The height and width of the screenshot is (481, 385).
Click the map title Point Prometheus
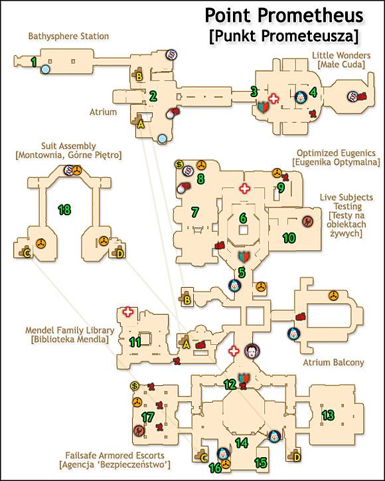284,15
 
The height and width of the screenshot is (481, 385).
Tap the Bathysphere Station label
68,36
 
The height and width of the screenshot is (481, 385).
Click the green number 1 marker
34,62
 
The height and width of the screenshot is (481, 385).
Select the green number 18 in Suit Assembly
64,210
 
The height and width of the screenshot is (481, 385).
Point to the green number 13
328,415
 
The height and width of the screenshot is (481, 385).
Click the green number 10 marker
289,238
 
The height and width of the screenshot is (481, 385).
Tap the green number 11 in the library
135,341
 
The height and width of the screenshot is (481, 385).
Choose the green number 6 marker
243,218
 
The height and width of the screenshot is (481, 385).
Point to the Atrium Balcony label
333,362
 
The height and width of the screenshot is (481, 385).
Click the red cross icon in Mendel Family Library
128,312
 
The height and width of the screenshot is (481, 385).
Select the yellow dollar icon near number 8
179,164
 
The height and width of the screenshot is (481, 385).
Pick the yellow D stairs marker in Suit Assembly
120,254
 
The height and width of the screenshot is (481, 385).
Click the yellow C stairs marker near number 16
204,458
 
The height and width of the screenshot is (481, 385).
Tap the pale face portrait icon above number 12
252,351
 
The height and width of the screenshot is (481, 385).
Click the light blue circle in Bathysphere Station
45,69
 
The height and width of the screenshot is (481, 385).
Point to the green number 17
148,417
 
